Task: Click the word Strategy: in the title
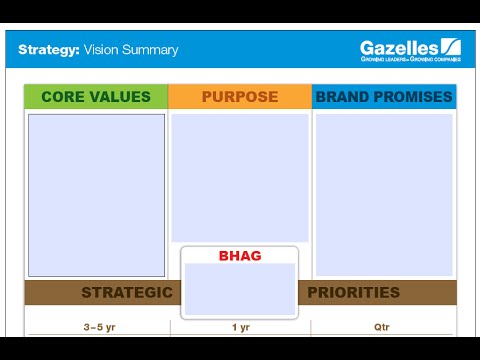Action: (x=49, y=49)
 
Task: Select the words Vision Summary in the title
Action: (x=131, y=49)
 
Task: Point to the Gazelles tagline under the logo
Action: (x=410, y=60)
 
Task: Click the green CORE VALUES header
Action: (x=96, y=97)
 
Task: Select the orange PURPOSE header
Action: (x=239, y=97)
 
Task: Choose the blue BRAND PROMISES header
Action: (x=384, y=97)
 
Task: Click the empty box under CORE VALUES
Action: (x=96, y=195)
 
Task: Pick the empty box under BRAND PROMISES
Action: (x=384, y=195)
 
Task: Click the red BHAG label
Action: (x=240, y=256)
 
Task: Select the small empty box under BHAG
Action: (x=240, y=289)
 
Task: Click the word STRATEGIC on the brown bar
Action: (x=127, y=293)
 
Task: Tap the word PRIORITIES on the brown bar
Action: (x=353, y=293)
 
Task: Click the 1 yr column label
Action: (x=240, y=327)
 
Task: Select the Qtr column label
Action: (x=384, y=327)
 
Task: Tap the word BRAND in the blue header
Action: (x=339, y=97)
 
